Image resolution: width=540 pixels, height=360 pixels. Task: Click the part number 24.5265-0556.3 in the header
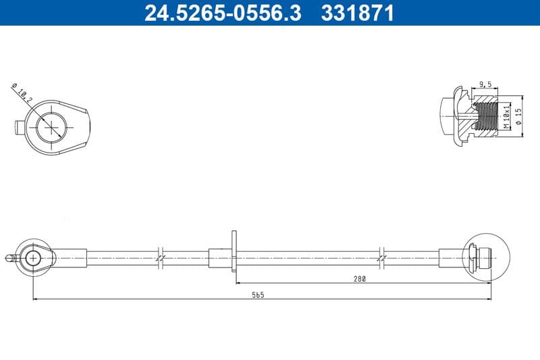223,13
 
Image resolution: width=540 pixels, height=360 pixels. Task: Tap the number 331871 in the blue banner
357,13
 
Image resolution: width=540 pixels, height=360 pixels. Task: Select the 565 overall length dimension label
258,294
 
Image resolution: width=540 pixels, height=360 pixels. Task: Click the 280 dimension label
360,279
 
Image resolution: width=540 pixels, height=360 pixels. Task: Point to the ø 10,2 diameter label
22,93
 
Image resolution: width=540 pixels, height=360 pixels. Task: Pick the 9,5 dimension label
485,84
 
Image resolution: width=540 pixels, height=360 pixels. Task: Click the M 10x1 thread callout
506,116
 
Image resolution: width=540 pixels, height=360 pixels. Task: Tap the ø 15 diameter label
518,116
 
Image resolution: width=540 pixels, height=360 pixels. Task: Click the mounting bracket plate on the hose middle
234,251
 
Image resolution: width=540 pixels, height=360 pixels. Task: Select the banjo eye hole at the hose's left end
33,258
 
